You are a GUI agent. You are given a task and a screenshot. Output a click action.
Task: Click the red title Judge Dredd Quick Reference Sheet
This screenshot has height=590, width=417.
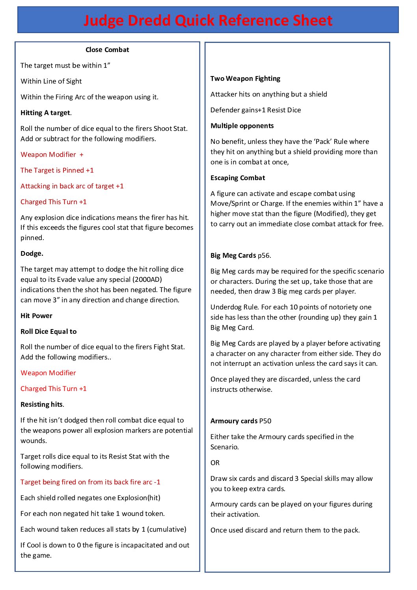click(208, 20)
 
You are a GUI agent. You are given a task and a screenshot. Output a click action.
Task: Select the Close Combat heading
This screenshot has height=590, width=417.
click(107, 50)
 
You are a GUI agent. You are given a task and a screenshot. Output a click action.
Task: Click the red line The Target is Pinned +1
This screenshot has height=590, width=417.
click(57, 170)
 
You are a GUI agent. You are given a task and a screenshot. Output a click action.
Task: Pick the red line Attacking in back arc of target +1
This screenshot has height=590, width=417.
click(72, 186)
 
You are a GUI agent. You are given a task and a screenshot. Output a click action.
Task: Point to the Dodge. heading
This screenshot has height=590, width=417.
click(32, 253)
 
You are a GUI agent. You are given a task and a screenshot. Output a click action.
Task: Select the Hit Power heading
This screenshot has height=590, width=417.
click(36, 316)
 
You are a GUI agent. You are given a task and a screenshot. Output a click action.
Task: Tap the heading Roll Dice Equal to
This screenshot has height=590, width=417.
click(48, 331)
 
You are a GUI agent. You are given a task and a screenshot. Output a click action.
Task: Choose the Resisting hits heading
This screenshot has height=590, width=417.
click(42, 404)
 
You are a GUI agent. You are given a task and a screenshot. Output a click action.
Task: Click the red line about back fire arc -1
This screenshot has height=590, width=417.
click(90, 482)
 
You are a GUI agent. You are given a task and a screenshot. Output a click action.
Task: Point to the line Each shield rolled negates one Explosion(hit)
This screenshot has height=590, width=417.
click(90, 498)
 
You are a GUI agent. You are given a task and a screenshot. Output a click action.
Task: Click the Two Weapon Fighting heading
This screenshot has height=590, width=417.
click(245, 78)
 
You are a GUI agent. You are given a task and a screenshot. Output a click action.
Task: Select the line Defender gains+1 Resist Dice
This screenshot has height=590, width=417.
click(255, 110)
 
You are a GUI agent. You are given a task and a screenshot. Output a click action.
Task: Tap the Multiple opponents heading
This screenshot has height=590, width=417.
click(242, 126)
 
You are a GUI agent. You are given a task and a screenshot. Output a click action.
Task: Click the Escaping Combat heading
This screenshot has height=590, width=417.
click(238, 178)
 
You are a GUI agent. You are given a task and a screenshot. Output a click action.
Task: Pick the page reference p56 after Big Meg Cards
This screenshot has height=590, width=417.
click(264, 255)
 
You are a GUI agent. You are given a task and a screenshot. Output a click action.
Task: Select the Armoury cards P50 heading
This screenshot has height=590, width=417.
click(241, 421)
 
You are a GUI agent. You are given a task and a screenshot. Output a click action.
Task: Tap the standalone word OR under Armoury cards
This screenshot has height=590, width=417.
click(215, 463)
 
